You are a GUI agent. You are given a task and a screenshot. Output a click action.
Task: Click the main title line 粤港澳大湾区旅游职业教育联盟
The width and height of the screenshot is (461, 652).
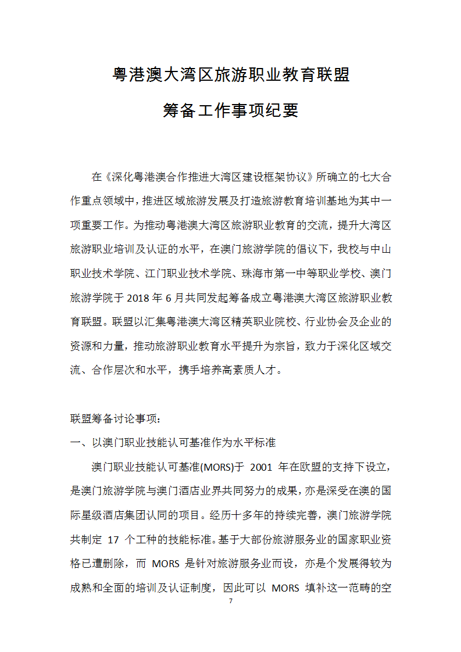pos(231,74)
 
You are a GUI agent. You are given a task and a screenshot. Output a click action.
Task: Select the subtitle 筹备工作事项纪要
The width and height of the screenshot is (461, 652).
pos(231,110)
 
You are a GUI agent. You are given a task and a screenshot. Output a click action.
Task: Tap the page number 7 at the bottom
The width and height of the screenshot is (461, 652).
pos(231,601)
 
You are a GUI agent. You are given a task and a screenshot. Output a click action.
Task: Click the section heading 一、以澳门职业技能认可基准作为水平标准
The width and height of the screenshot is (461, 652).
pos(173,442)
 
